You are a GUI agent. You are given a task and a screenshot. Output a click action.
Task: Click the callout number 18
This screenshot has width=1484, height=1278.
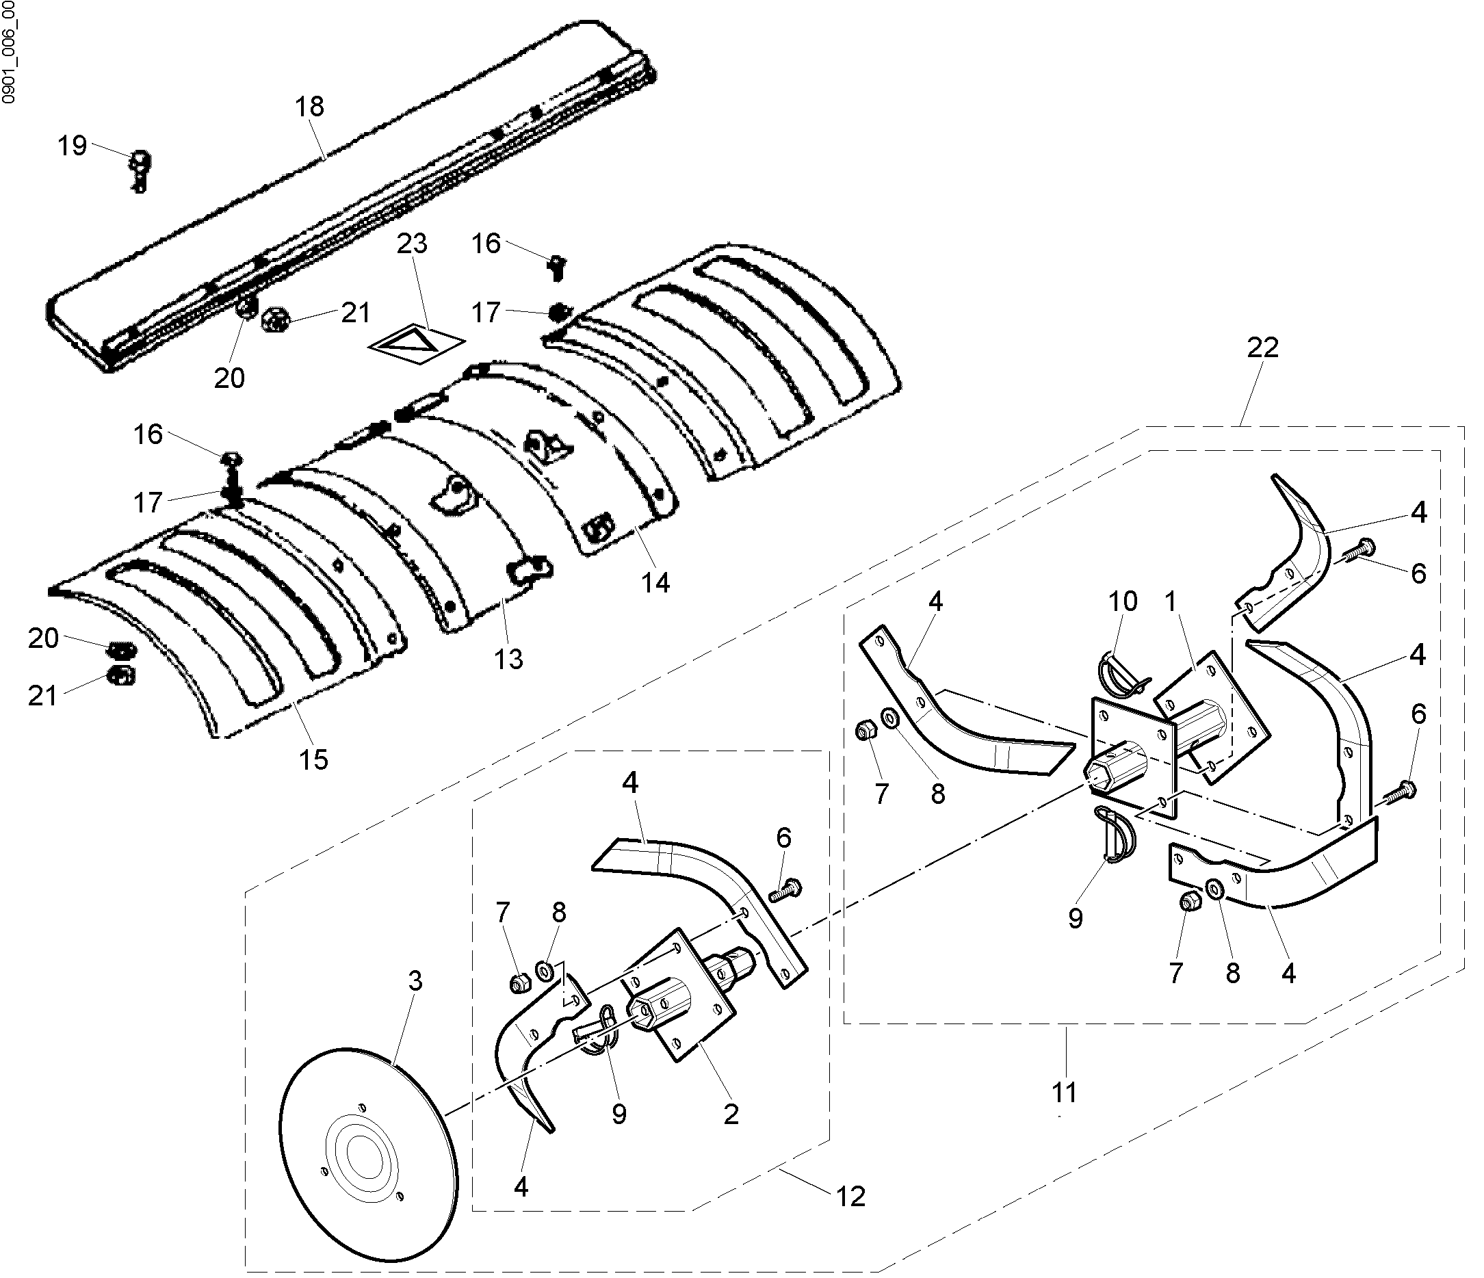click(309, 107)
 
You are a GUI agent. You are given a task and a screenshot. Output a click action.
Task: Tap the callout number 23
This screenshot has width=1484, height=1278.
click(412, 244)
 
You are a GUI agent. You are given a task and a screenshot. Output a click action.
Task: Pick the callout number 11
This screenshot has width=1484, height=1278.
click(1065, 1093)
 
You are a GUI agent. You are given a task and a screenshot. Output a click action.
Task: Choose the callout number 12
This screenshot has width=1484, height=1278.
click(850, 1197)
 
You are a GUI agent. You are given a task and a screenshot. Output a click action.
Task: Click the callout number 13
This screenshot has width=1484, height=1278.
click(508, 659)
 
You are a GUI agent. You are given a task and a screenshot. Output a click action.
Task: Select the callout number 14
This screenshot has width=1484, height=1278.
click(655, 582)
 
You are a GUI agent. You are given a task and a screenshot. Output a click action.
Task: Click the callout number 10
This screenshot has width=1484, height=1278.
click(1122, 601)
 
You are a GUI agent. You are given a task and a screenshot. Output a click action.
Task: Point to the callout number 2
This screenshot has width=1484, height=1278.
click(731, 1114)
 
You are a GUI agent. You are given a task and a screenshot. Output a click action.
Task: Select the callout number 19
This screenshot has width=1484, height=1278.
click(72, 146)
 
